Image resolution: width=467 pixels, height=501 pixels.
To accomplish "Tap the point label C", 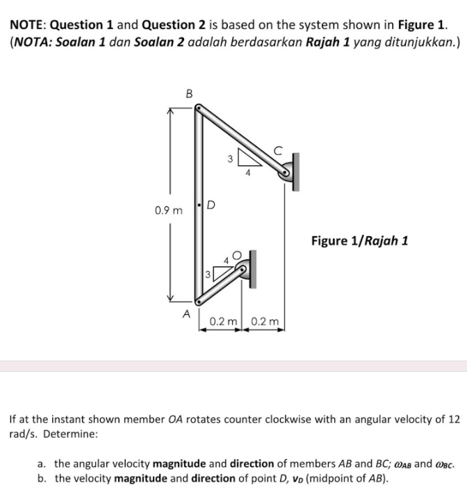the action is pos(277,151).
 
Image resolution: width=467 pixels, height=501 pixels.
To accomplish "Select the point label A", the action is pos(186,314).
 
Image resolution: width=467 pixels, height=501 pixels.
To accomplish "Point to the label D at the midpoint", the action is pos(211,205).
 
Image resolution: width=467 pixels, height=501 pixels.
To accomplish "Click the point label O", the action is pos(236,255).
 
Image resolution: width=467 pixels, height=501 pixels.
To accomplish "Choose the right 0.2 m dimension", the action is pos(265,321).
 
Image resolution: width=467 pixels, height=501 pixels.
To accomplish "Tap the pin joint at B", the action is pos(199,108).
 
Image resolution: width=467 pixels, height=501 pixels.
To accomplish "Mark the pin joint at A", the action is pos(198,302).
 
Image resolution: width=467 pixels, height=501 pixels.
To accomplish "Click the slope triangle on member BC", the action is pos(249,159).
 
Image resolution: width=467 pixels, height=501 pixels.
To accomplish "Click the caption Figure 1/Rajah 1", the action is pos(359,240).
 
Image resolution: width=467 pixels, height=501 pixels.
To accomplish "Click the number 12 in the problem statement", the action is pos(454,419).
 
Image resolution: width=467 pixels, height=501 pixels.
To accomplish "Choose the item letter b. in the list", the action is pos(42,478).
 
